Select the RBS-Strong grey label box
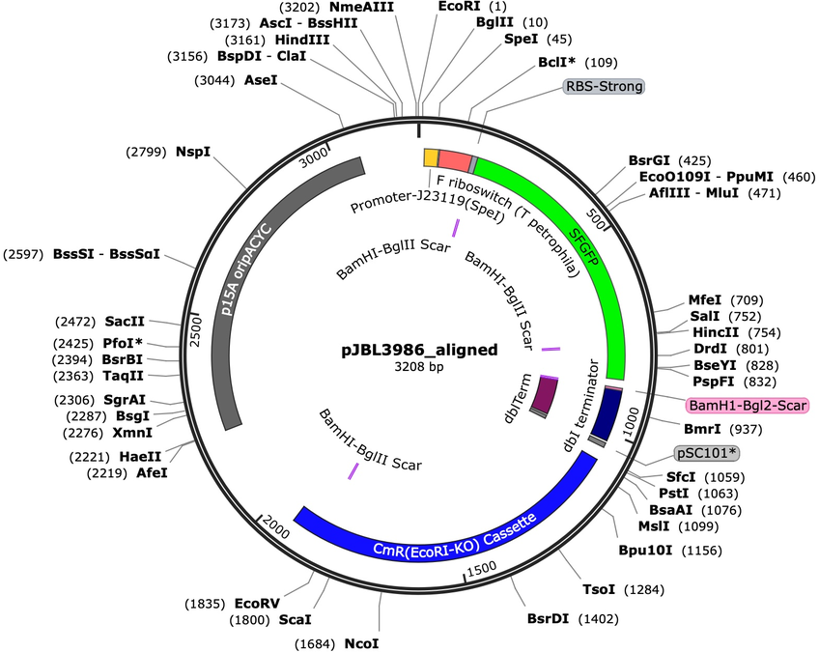tap(605, 86)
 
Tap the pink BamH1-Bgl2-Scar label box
tap(748, 405)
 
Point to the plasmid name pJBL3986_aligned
tap(419, 350)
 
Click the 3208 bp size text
tap(419, 367)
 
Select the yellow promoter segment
tap(431, 157)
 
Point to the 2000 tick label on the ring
tap(275, 526)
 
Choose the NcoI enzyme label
tap(361, 643)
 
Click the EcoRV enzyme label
tap(257, 604)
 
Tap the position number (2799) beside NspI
tap(146, 152)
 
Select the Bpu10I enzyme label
tap(645, 551)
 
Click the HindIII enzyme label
tap(302, 40)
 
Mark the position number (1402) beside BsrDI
tap(598, 619)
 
